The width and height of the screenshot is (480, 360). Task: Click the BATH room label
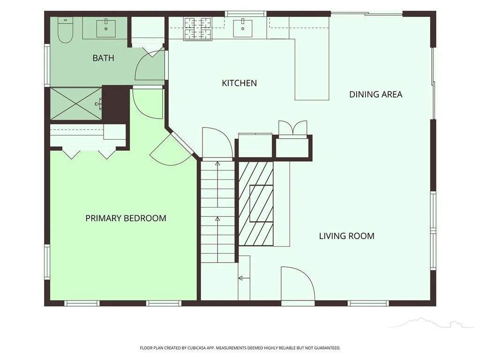point(103,58)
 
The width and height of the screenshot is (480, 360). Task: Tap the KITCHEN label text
point(239,83)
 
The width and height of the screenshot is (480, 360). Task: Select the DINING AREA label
point(375,94)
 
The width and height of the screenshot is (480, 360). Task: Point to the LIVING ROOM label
point(346,236)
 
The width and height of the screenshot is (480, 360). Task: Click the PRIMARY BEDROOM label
point(126,218)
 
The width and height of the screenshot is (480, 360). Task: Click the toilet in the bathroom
point(65,30)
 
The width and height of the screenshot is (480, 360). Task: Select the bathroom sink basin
point(106,29)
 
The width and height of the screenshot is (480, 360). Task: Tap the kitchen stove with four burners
point(197,29)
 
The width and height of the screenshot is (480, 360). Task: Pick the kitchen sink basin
point(243,29)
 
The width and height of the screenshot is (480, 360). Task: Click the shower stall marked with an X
point(75,104)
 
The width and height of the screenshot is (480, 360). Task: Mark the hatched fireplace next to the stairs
point(255,203)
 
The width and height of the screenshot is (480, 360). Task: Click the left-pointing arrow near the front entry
point(244,278)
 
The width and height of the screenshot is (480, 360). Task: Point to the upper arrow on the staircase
point(217,184)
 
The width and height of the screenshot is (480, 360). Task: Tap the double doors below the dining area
point(292,127)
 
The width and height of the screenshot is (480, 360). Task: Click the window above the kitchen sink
point(246,14)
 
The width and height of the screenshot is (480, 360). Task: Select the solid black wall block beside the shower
point(116,104)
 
